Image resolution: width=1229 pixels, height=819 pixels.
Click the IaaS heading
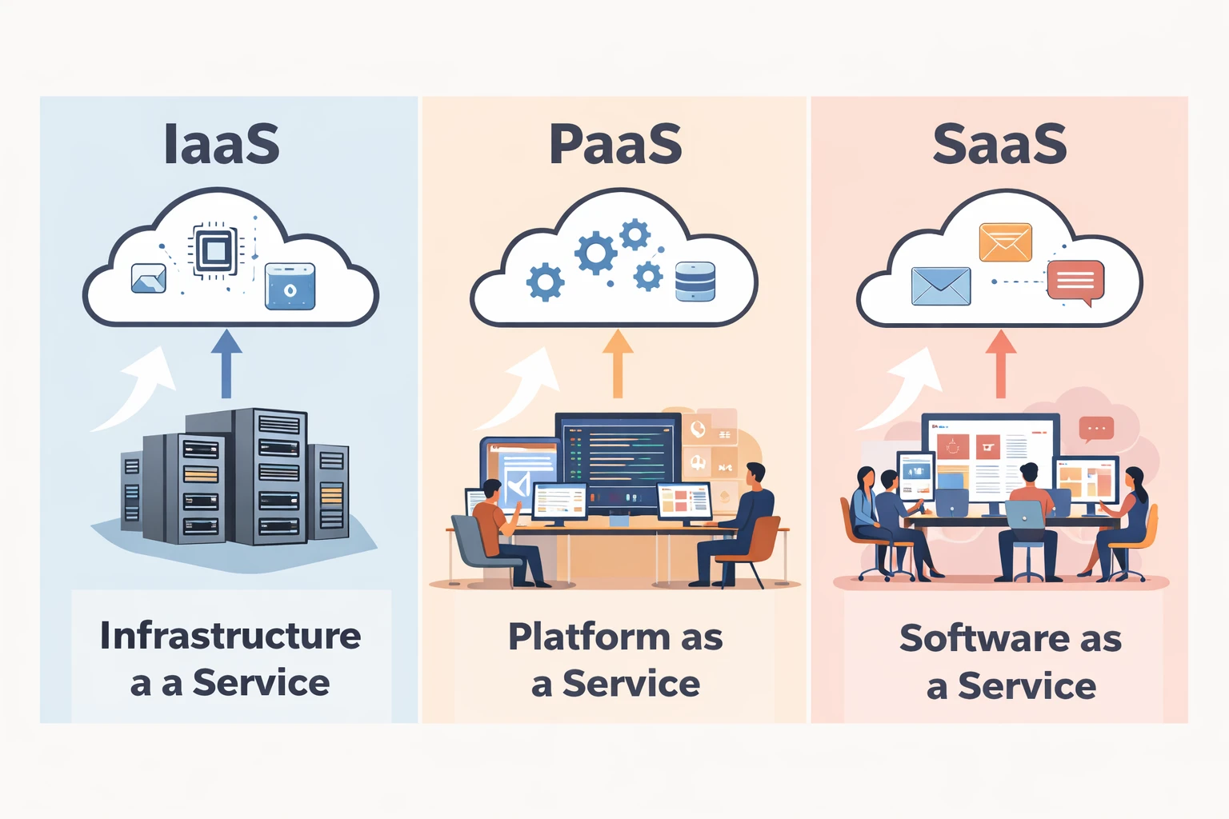tap(222, 144)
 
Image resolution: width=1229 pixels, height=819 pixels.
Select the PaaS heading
tap(614, 144)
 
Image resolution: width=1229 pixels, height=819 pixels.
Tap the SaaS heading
tap(999, 144)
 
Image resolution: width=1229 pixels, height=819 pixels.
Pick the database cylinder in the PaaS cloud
tap(695, 282)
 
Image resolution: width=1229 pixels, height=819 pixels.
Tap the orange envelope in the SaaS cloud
tap(1005, 242)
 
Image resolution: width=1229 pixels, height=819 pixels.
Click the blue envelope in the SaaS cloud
tap(941, 286)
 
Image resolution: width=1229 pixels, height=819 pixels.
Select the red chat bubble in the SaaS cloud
tap(1075, 280)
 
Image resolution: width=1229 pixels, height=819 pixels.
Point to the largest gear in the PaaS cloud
tap(596, 254)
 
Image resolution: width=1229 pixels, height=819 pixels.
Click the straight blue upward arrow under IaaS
tap(226, 364)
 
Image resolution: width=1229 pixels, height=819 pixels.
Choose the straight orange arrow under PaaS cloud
tap(617, 364)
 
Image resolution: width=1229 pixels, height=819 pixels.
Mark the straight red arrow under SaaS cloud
tap(1000, 364)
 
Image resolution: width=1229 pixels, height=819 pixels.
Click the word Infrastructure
tap(230, 636)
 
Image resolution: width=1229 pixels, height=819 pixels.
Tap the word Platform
tap(589, 637)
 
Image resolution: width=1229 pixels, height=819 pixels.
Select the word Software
tap(983, 638)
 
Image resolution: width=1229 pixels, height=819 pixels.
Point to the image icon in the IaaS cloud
tap(149, 278)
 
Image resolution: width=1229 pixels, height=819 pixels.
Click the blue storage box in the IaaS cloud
tap(290, 286)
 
